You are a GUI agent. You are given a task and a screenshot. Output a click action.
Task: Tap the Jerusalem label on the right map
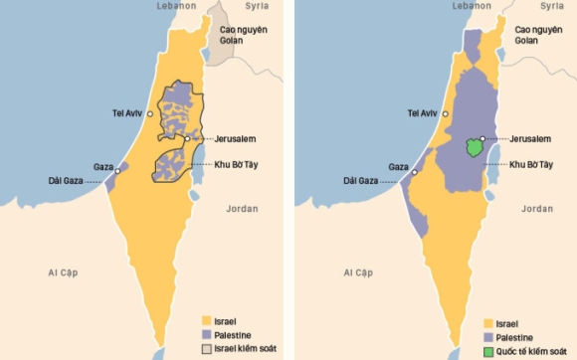tap(529, 139)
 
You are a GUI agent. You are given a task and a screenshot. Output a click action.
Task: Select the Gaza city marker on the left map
tap(117, 171)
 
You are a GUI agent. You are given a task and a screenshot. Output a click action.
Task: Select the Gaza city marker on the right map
tap(412, 171)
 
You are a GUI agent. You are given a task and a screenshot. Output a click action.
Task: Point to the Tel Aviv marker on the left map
tap(151, 114)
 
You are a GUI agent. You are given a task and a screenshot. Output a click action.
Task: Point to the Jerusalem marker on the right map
tap(482, 138)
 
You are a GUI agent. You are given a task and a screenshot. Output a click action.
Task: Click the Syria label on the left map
tap(258, 6)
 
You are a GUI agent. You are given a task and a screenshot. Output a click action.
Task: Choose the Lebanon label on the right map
tap(469, 6)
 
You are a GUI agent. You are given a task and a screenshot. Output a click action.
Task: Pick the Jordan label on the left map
tap(241, 209)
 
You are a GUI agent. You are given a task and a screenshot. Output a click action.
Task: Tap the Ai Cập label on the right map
tap(358, 271)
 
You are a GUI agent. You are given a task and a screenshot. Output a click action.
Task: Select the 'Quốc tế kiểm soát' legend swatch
tap(487, 351)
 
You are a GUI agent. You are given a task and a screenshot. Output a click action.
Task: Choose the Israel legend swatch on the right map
tap(487, 323)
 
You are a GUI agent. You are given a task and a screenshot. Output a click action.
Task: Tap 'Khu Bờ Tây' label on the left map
tap(237, 164)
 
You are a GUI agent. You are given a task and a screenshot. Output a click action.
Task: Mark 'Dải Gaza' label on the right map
tap(354, 181)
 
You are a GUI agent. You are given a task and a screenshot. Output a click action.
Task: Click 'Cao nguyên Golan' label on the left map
tap(244, 36)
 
